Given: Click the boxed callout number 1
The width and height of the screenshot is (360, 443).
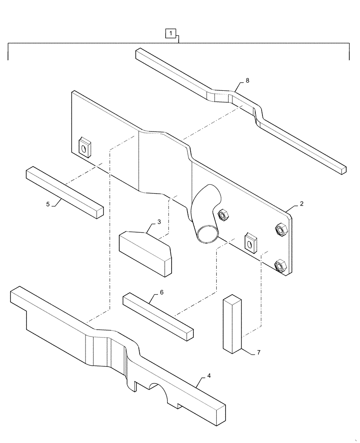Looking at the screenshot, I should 171,33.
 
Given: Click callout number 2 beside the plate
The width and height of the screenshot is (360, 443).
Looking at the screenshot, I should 301,204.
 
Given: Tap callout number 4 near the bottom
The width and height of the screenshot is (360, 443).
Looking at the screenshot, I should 209,376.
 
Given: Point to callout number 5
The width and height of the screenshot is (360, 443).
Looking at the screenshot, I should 48,204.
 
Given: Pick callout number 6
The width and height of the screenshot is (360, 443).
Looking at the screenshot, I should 161,293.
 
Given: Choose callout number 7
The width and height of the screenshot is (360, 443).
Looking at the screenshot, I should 258,353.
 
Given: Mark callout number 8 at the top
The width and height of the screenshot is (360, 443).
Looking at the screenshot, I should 247,80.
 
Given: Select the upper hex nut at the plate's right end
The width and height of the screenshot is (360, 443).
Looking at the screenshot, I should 280,229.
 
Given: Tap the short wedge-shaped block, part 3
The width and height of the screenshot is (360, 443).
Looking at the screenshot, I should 145,253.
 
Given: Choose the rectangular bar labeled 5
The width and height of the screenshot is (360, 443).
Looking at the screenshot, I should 64,191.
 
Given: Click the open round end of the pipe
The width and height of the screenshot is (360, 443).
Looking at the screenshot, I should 207,233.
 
